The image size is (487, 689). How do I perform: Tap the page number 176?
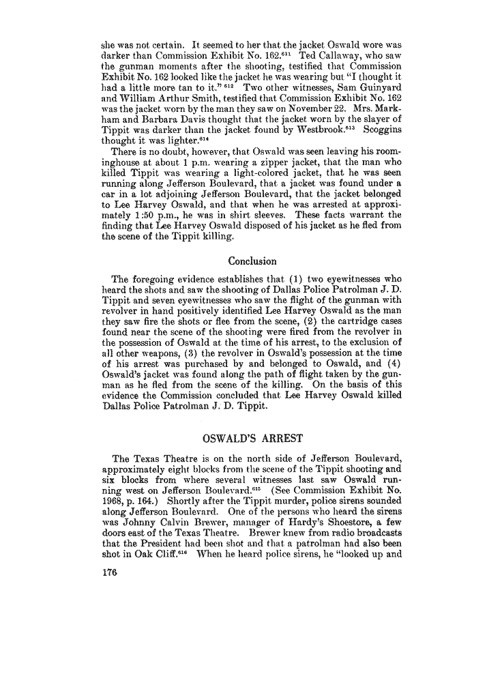(x=110, y=593)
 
